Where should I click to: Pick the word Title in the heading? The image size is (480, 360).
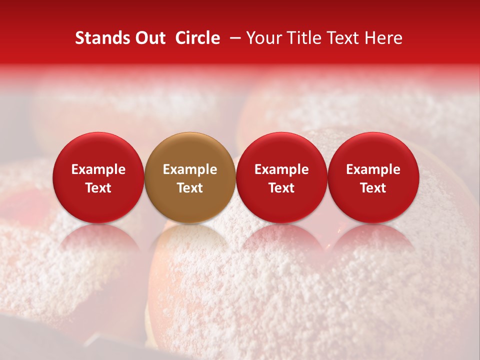point(303,38)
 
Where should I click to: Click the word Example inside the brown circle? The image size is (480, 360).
point(190,169)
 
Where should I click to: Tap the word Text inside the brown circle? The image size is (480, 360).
point(190,188)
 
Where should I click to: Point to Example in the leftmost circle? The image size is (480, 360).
point(98,169)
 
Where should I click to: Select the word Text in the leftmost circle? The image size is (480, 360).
point(98,188)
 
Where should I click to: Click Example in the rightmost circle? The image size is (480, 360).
point(373,169)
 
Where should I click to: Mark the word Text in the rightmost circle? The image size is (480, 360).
point(373,188)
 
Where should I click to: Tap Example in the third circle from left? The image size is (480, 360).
point(281,169)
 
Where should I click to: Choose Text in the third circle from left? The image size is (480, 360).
point(281,188)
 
